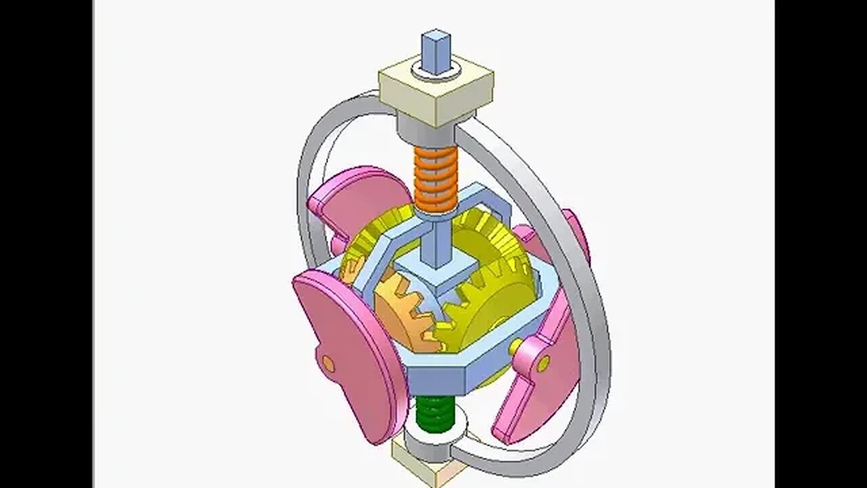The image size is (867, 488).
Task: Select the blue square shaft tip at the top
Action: tap(435, 52)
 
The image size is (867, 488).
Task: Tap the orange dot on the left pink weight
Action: tap(329, 364)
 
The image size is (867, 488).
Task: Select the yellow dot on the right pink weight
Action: tap(543, 365)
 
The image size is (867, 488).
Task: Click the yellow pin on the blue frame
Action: tap(516, 346)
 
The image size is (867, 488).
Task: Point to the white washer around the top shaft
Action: tap(436, 70)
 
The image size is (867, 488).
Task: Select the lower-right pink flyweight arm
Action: tap(535, 393)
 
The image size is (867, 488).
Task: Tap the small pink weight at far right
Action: tap(576, 234)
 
